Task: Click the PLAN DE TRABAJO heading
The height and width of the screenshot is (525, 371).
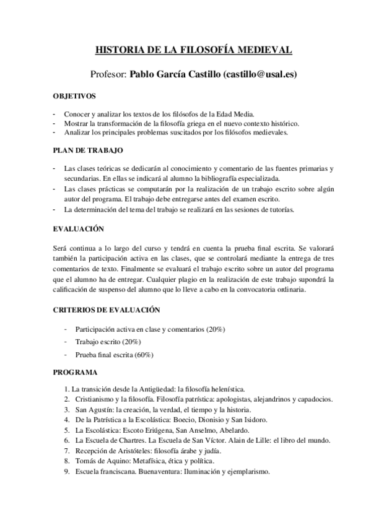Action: tap(88, 150)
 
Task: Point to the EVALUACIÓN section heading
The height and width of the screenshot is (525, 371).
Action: tap(78, 229)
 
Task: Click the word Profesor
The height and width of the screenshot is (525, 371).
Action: tap(108, 74)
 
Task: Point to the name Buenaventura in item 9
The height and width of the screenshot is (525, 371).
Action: tap(164, 472)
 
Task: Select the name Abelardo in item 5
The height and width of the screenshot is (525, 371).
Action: tap(232, 430)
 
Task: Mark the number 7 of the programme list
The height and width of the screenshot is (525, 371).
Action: tap(67, 451)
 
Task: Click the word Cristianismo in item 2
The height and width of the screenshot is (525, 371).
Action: tap(95, 399)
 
